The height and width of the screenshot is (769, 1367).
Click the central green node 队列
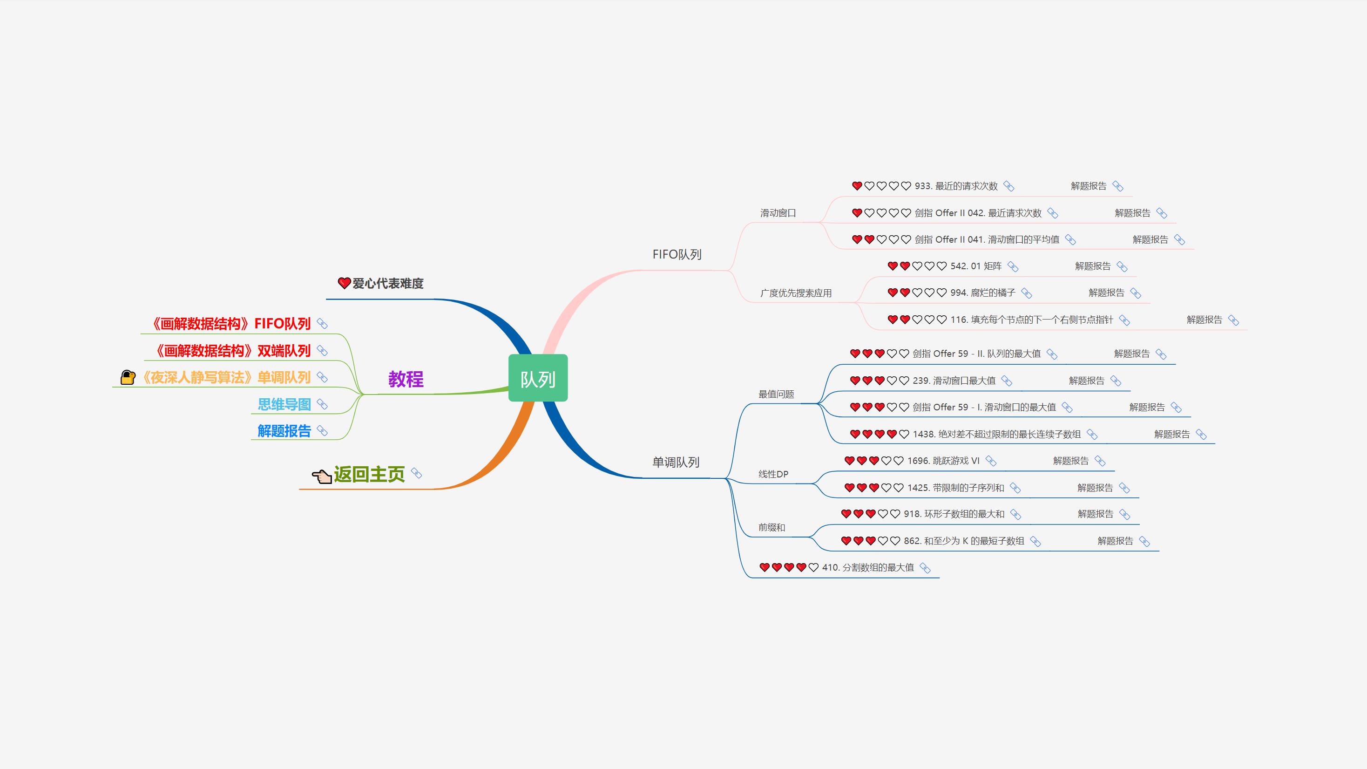(x=538, y=378)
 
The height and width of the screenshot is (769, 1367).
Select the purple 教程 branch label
(x=406, y=380)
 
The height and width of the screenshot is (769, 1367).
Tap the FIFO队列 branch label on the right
(x=677, y=254)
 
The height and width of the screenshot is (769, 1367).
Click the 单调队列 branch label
(x=676, y=462)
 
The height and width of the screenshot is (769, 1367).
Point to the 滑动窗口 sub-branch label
(x=778, y=213)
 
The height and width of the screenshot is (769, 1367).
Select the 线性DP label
(x=773, y=474)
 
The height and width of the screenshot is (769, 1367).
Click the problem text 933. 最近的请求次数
(x=956, y=186)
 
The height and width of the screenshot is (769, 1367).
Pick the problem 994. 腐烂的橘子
(x=983, y=293)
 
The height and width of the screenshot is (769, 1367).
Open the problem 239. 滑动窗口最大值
(x=954, y=381)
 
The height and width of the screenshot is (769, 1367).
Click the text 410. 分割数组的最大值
(x=868, y=567)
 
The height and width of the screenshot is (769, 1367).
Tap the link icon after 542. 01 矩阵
(x=1013, y=266)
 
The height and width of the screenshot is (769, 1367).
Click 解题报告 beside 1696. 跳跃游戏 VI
(x=1071, y=461)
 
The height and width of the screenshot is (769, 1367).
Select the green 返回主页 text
(x=369, y=474)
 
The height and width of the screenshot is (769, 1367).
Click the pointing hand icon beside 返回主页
(x=322, y=476)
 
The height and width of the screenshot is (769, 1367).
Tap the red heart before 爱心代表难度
(x=344, y=283)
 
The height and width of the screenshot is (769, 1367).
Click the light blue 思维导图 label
(x=284, y=404)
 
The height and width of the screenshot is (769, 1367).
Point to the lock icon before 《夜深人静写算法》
(x=128, y=377)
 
